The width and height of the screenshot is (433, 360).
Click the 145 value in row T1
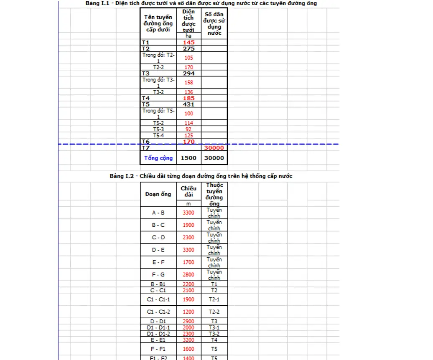tap(188, 43)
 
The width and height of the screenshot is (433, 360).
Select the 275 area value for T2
tap(188, 48)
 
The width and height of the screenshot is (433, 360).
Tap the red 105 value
tap(188, 58)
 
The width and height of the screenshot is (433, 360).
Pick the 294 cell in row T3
tap(188, 74)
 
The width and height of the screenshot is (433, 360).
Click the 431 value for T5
tap(188, 104)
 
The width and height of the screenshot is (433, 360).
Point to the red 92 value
tap(188, 129)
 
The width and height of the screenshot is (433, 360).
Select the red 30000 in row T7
tap(214, 148)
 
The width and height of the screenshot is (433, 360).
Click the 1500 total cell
tap(188, 158)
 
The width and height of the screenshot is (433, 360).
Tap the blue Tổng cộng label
tap(158, 158)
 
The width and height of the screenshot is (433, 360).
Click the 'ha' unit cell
tap(188, 36)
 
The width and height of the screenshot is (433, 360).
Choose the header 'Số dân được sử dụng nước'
tap(214, 23)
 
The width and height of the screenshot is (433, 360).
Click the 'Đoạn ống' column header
tap(158, 194)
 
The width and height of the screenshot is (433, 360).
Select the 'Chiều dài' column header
tap(188, 191)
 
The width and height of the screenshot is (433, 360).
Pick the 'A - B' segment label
tap(158, 213)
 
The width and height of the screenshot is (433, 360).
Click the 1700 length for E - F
tap(188, 262)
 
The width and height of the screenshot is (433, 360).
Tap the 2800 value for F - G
tap(188, 274)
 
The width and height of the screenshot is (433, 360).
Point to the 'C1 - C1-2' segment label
tap(158, 312)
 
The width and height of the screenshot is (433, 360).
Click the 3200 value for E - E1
tap(188, 340)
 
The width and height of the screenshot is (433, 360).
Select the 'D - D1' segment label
tap(158, 321)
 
